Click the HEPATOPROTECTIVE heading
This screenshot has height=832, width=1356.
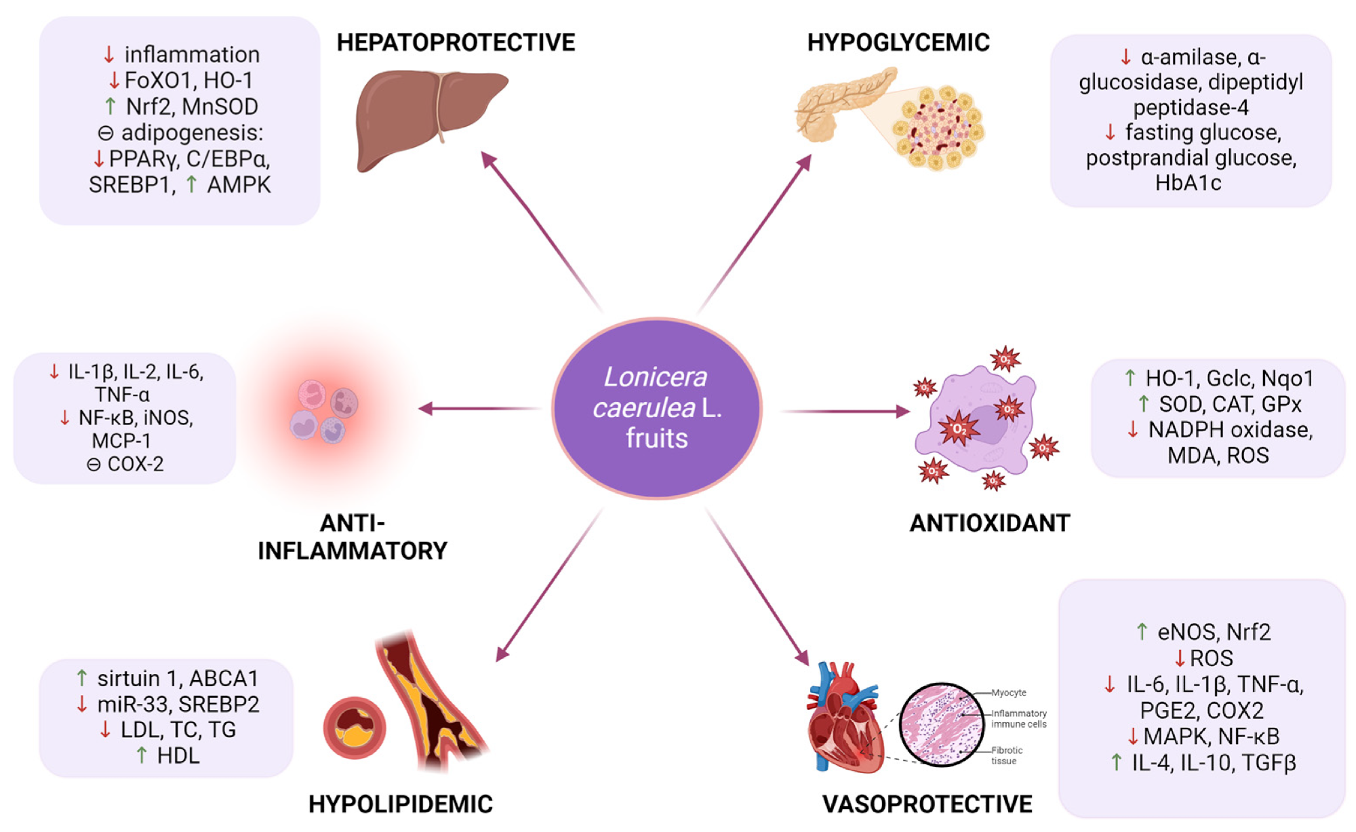click(456, 43)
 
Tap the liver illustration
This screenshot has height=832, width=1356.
click(427, 119)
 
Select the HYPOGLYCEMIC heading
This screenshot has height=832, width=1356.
click(898, 43)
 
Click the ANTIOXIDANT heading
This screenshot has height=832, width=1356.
click(989, 523)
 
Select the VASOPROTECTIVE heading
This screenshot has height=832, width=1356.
click(927, 804)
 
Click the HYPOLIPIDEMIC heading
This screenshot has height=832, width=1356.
click(400, 804)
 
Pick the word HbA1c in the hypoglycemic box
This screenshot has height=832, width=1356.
click(1188, 183)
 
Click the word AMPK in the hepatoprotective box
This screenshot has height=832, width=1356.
click(239, 185)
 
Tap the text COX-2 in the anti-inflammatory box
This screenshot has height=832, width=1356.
click(136, 464)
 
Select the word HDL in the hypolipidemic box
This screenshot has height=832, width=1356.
click(178, 756)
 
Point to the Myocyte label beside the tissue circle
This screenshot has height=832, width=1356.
click(1009, 693)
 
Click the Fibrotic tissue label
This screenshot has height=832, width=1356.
click(1006, 755)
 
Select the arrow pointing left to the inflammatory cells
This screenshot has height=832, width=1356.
click(475, 408)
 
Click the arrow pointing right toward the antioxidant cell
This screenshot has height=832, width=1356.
click(848, 411)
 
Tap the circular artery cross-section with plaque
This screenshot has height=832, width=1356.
click(355, 728)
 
